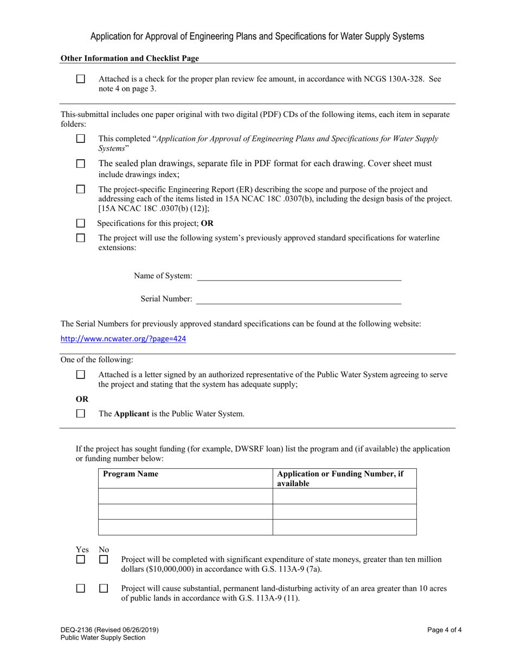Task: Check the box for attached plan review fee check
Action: click(81, 79)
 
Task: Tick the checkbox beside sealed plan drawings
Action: click(81, 164)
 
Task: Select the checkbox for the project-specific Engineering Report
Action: click(81, 190)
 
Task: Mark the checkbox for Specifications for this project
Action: click(81, 223)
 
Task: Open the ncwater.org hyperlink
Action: click(123, 339)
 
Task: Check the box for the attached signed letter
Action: click(81, 375)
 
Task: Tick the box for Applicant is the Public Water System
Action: click(81, 414)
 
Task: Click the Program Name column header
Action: click(131, 474)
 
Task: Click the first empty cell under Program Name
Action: click(185, 496)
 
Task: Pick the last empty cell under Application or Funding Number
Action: click(344, 527)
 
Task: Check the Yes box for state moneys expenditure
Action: click(81, 560)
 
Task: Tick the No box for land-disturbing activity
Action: click(104, 588)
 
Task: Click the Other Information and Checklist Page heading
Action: click(130, 58)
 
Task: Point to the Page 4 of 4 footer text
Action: click(444, 630)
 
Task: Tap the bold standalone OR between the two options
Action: click(82, 399)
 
